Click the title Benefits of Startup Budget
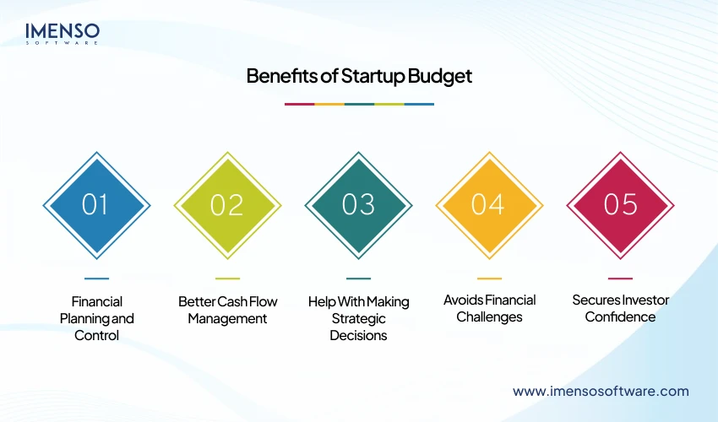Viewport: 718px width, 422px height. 359,76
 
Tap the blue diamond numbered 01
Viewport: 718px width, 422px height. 96,205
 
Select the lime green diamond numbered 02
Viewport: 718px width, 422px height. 227,205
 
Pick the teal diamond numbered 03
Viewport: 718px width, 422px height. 358,205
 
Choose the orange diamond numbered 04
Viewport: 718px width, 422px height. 489,205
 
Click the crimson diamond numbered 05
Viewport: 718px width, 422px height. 620,205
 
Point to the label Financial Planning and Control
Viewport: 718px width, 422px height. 96,318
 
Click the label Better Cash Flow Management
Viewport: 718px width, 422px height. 227,310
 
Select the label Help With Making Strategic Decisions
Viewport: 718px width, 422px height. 358,318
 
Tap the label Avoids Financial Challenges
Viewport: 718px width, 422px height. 489,309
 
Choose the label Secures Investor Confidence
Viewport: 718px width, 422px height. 620,309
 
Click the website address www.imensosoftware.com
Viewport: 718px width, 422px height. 601,391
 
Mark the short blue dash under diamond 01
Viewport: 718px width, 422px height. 96,278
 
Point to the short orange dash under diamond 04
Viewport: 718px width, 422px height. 489,278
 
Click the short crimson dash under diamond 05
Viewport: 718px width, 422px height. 620,278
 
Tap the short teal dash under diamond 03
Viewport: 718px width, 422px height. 358,278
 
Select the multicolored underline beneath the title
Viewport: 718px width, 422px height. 359,104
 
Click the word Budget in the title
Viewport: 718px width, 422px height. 440,76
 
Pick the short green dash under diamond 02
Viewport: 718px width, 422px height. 227,278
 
